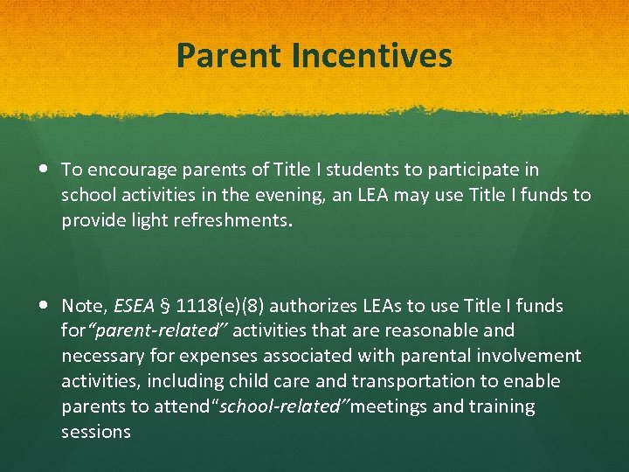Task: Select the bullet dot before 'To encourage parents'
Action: tap(45, 169)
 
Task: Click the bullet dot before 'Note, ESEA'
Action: tap(45, 306)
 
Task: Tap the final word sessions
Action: tap(96, 433)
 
